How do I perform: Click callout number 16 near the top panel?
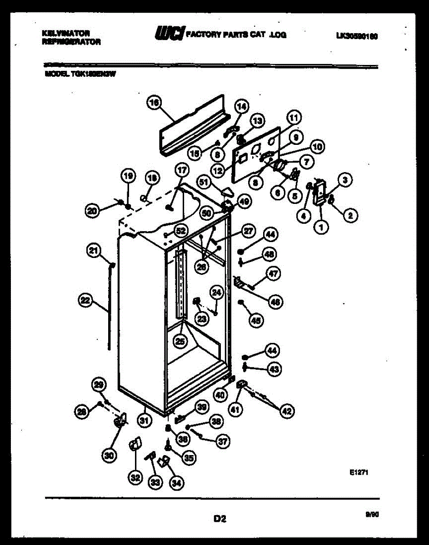[x=155, y=103]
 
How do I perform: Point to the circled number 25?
[x=181, y=342]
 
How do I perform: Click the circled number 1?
[x=322, y=228]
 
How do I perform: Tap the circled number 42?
[x=286, y=411]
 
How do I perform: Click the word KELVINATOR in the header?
[x=65, y=33]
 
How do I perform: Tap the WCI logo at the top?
[x=169, y=33]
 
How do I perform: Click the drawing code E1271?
[x=359, y=473]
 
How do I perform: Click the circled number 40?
[x=220, y=395]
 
